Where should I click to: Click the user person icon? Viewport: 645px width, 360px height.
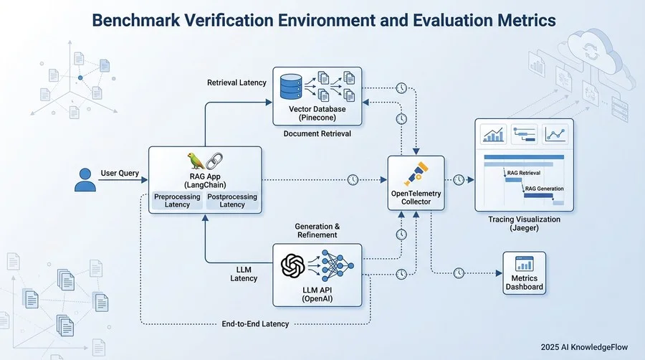click(x=85, y=179)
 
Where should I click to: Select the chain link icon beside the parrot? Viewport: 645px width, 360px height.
click(x=215, y=160)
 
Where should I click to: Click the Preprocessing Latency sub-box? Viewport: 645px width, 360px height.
click(x=177, y=201)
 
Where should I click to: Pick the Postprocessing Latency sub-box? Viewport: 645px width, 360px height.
click(x=231, y=201)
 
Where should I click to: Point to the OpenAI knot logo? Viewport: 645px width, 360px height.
click(x=295, y=268)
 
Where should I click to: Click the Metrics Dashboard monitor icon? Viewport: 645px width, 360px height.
click(x=523, y=265)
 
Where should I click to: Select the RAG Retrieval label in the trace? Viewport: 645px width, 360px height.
click(x=523, y=173)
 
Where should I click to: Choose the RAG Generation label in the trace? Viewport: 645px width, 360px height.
click(x=544, y=189)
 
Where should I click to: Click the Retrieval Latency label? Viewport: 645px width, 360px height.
click(x=236, y=82)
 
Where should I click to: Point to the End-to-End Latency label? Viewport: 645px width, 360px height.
click(x=255, y=324)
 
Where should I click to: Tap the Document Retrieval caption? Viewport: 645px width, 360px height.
click(x=317, y=133)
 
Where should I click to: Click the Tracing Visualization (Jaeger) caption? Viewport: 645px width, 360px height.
click(x=524, y=223)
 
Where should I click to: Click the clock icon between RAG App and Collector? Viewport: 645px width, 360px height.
click(x=353, y=179)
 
